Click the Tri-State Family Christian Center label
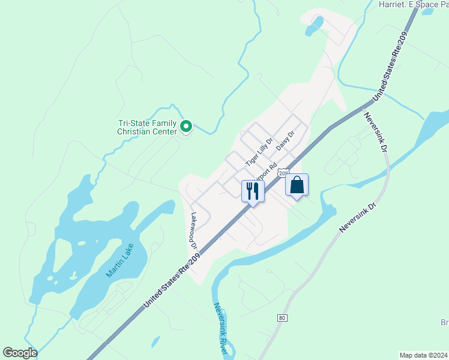(147, 127)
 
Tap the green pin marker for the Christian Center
(186, 126)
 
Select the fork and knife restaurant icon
(253, 191)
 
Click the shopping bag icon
(297, 185)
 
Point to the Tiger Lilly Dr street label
(259, 152)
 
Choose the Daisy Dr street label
(285, 141)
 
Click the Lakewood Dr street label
(194, 230)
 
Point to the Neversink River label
(220, 328)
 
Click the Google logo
(20, 352)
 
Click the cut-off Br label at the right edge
(445, 323)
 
